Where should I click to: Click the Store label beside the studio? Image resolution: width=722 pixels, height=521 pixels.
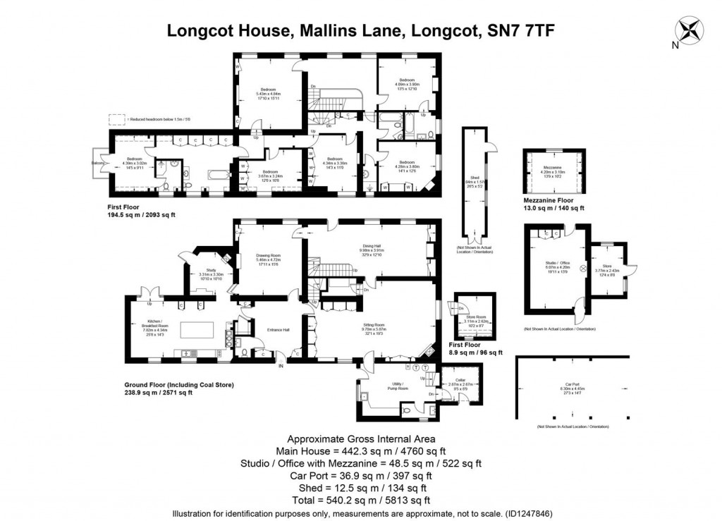[607, 265]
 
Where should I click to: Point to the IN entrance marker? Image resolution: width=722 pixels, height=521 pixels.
[281, 365]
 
